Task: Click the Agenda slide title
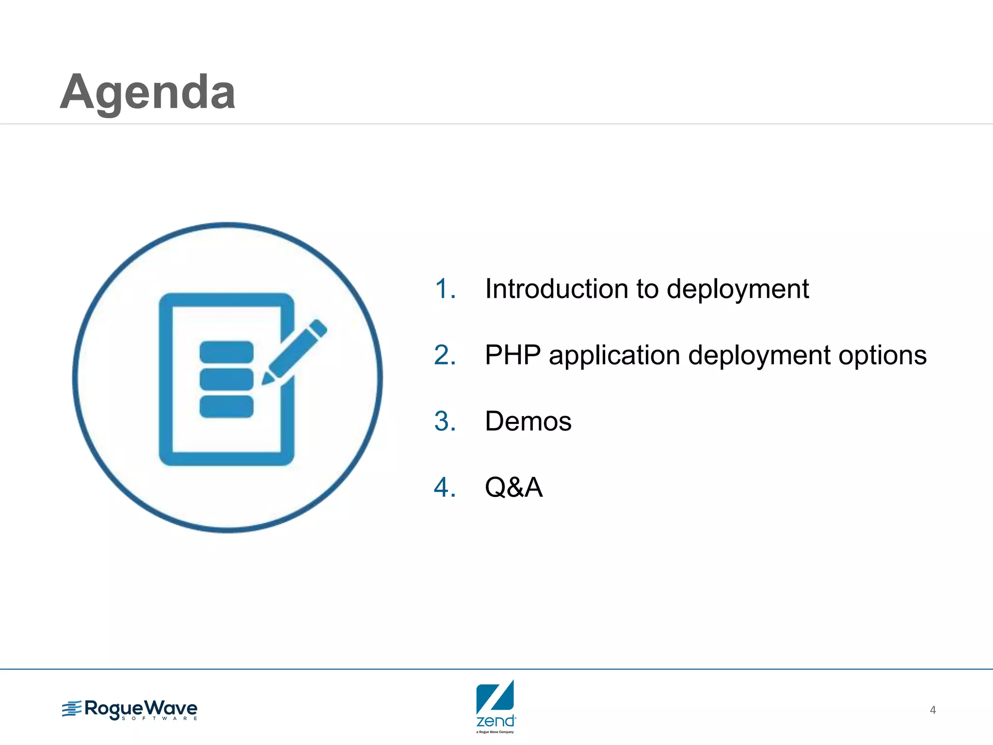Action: coord(148,92)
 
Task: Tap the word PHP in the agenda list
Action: coord(513,355)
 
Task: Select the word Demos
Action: coord(528,421)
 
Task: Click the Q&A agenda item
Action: coord(513,487)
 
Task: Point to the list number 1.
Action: coord(445,289)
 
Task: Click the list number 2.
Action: coord(445,355)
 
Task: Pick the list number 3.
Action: coord(445,421)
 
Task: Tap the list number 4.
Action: coord(445,487)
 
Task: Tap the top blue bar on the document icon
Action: coord(226,352)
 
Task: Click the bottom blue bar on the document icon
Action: coord(226,406)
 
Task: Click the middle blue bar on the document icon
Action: coord(226,379)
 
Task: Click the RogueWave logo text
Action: coord(141,709)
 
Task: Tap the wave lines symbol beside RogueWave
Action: coord(72,709)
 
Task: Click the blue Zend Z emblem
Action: coord(495,697)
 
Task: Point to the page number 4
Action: coord(932,710)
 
